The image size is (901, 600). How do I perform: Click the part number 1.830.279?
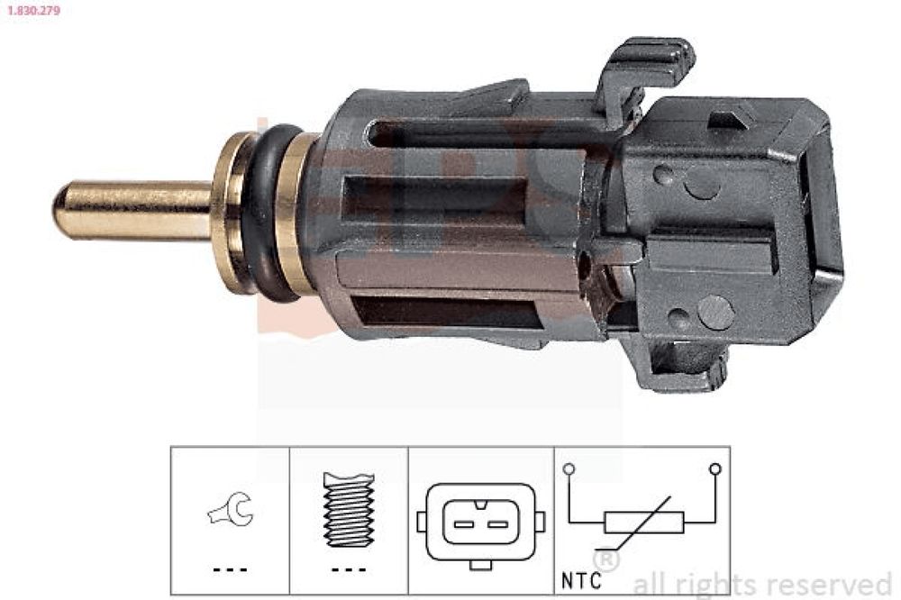(x=33, y=10)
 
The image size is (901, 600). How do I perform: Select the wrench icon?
(x=231, y=509)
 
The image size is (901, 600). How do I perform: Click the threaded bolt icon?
(x=349, y=509)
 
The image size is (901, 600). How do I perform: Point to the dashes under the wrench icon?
(x=230, y=570)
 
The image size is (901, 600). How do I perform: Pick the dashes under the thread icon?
(x=349, y=570)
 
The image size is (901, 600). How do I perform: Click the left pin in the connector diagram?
(x=464, y=524)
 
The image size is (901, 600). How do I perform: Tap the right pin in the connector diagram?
(x=497, y=524)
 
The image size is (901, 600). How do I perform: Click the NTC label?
(x=581, y=580)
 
